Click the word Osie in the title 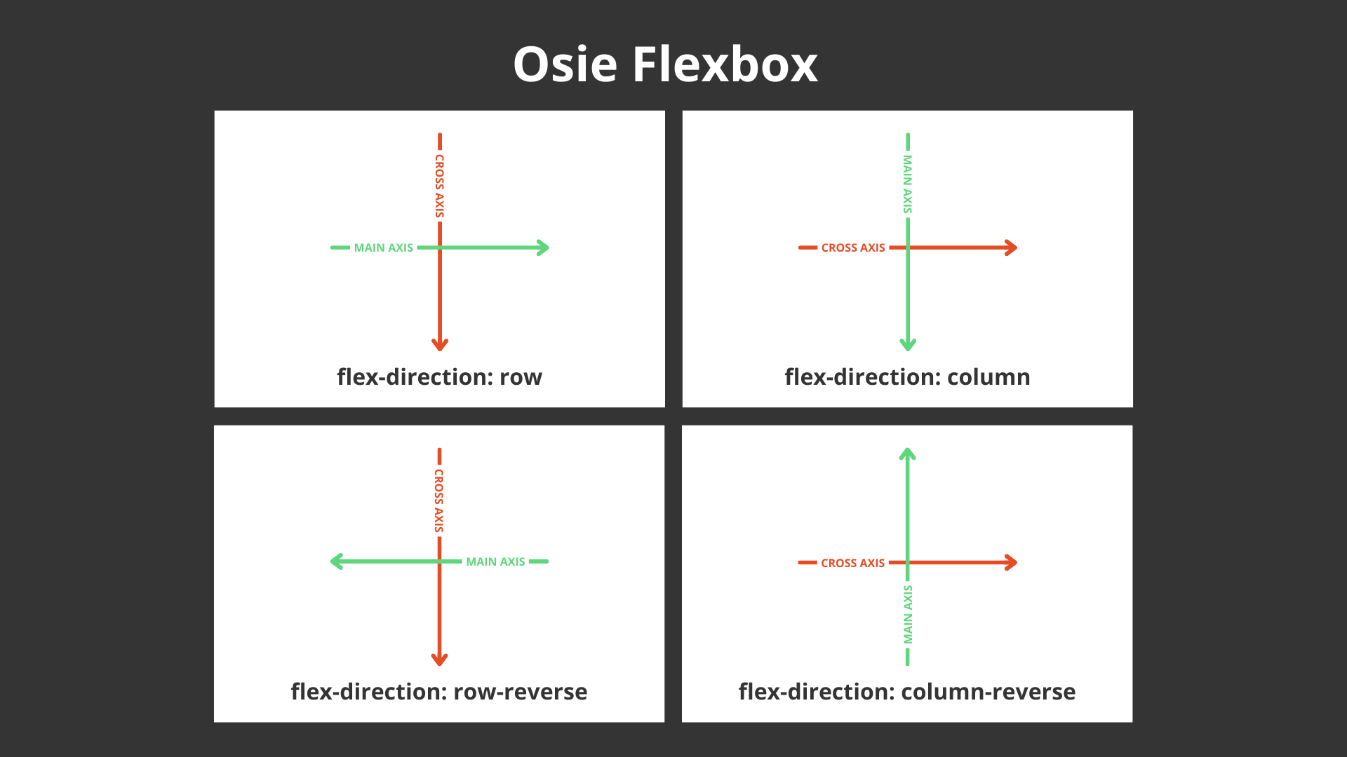pyautogui.click(x=565, y=64)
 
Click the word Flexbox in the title pyautogui.click(x=725, y=64)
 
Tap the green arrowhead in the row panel pyautogui.click(x=543, y=247)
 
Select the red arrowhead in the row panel pyautogui.click(x=440, y=344)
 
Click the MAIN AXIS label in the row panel pyautogui.click(x=383, y=247)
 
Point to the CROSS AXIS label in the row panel pyautogui.click(x=440, y=186)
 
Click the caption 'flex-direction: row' pyautogui.click(x=439, y=377)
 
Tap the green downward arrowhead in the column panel pyautogui.click(x=908, y=344)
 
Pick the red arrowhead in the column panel pyautogui.click(x=1011, y=247)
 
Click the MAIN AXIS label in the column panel pyautogui.click(x=908, y=184)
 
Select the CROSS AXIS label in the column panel pyautogui.click(x=853, y=247)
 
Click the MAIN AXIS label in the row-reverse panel pyautogui.click(x=495, y=561)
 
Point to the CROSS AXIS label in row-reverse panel pyautogui.click(x=439, y=500)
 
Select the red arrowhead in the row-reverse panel pyautogui.click(x=439, y=659)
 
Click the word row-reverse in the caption pyautogui.click(x=521, y=692)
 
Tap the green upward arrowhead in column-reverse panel pyautogui.click(x=908, y=454)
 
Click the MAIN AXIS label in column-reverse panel pyautogui.click(x=908, y=615)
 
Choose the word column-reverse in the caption pyautogui.click(x=988, y=692)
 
